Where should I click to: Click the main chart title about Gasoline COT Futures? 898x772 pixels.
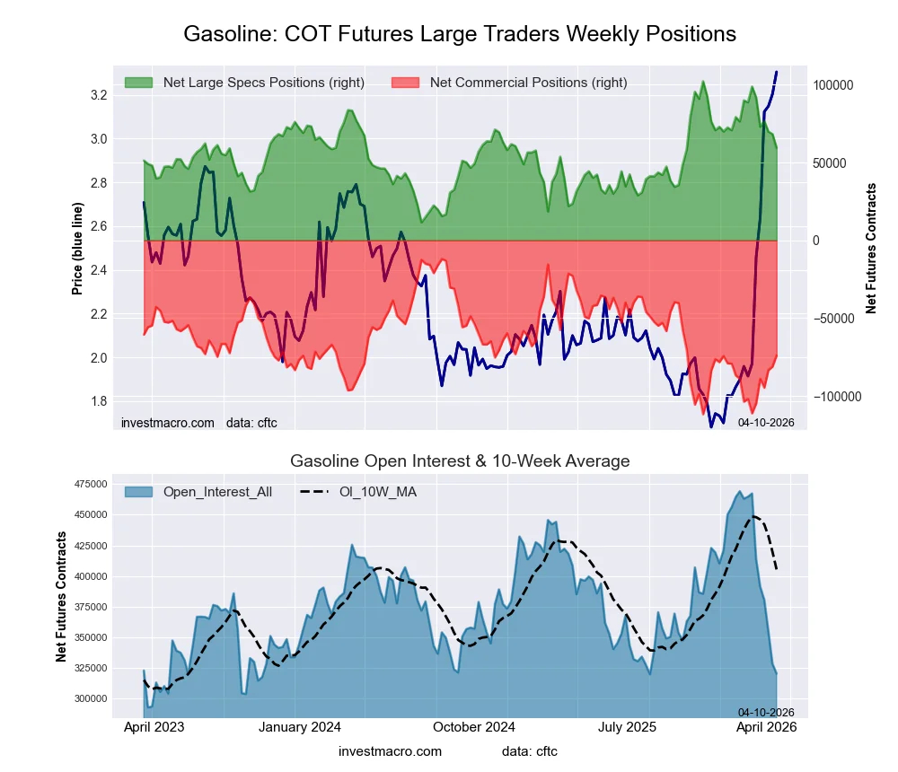(x=460, y=34)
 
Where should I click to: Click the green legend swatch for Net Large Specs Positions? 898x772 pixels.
(x=138, y=83)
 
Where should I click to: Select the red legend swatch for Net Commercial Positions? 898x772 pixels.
(x=406, y=83)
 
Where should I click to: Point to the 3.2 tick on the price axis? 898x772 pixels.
(x=99, y=95)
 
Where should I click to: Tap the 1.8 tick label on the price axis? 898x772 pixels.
(x=99, y=401)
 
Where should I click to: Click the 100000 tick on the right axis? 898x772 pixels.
(x=832, y=85)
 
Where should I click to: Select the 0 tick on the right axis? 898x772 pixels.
(x=817, y=241)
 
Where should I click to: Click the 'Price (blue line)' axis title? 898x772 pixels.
(x=78, y=249)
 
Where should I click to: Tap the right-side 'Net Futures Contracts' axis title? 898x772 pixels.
(x=871, y=249)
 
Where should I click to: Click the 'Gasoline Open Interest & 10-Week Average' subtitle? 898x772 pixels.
(x=460, y=461)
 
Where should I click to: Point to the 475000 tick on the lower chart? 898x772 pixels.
(x=90, y=484)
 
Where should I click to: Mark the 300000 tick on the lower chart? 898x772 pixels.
(x=90, y=698)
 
